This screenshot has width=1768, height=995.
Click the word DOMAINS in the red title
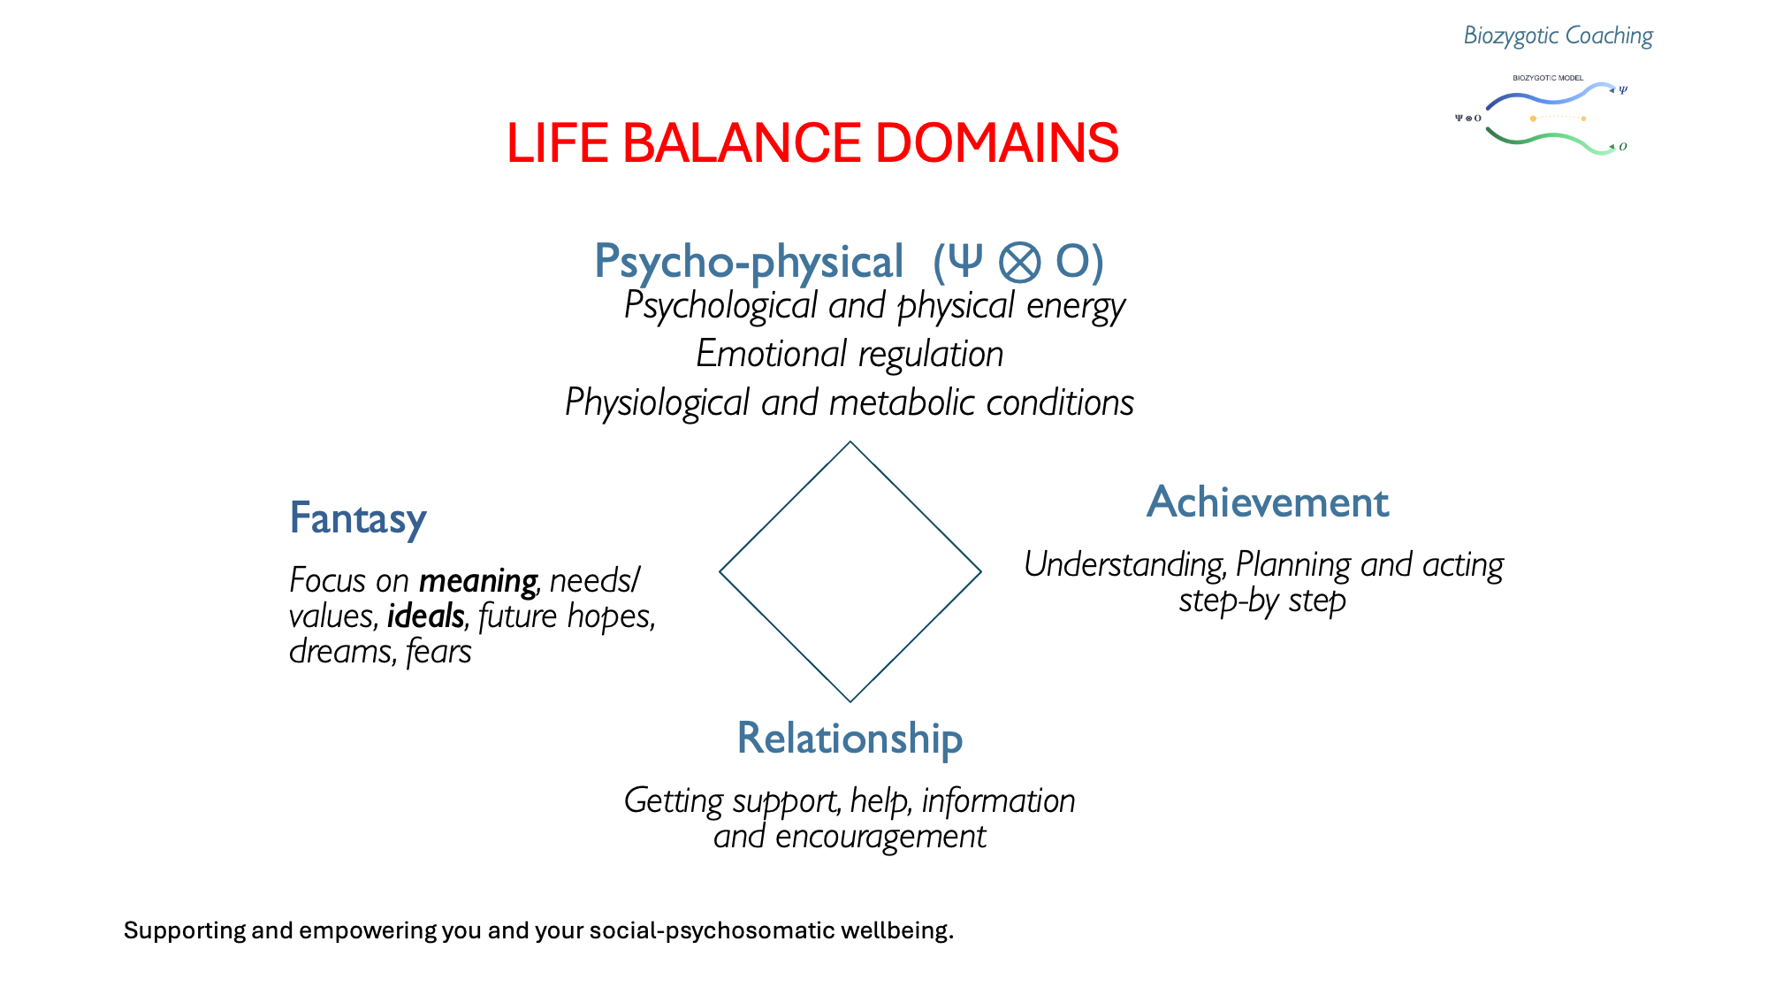[997, 143]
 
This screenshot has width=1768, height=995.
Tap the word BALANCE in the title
[742, 143]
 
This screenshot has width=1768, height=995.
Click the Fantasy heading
[358, 518]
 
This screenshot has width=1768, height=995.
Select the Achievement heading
[1268, 502]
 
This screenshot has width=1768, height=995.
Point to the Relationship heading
[850, 739]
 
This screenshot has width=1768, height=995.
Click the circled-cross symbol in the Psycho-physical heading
[1019, 263]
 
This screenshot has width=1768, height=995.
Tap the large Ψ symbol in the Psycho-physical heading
[965, 261]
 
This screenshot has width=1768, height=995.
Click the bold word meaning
[477, 582]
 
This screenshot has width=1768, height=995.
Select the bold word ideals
[425, 616]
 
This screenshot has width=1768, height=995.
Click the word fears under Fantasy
[438, 653]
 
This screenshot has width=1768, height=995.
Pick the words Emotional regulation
[850, 355]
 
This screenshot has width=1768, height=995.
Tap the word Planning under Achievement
[1293, 565]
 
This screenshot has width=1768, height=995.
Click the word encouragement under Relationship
[880, 837]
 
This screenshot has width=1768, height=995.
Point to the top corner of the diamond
[850, 443]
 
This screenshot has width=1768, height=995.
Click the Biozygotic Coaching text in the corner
[1558, 35]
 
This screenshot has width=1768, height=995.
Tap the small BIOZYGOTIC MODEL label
[1548, 78]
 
